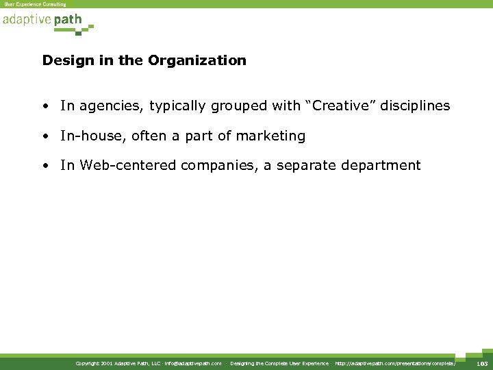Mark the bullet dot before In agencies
click(x=45, y=106)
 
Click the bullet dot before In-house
click(x=45, y=136)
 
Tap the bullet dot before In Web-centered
click(x=45, y=166)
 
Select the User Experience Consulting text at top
click(x=36, y=4)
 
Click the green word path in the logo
click(x=68, y=21)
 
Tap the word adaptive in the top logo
click(x=26, y=21)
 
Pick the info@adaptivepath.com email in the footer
click(x=193, y=362)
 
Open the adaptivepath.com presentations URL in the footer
click(x=395, y=362)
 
